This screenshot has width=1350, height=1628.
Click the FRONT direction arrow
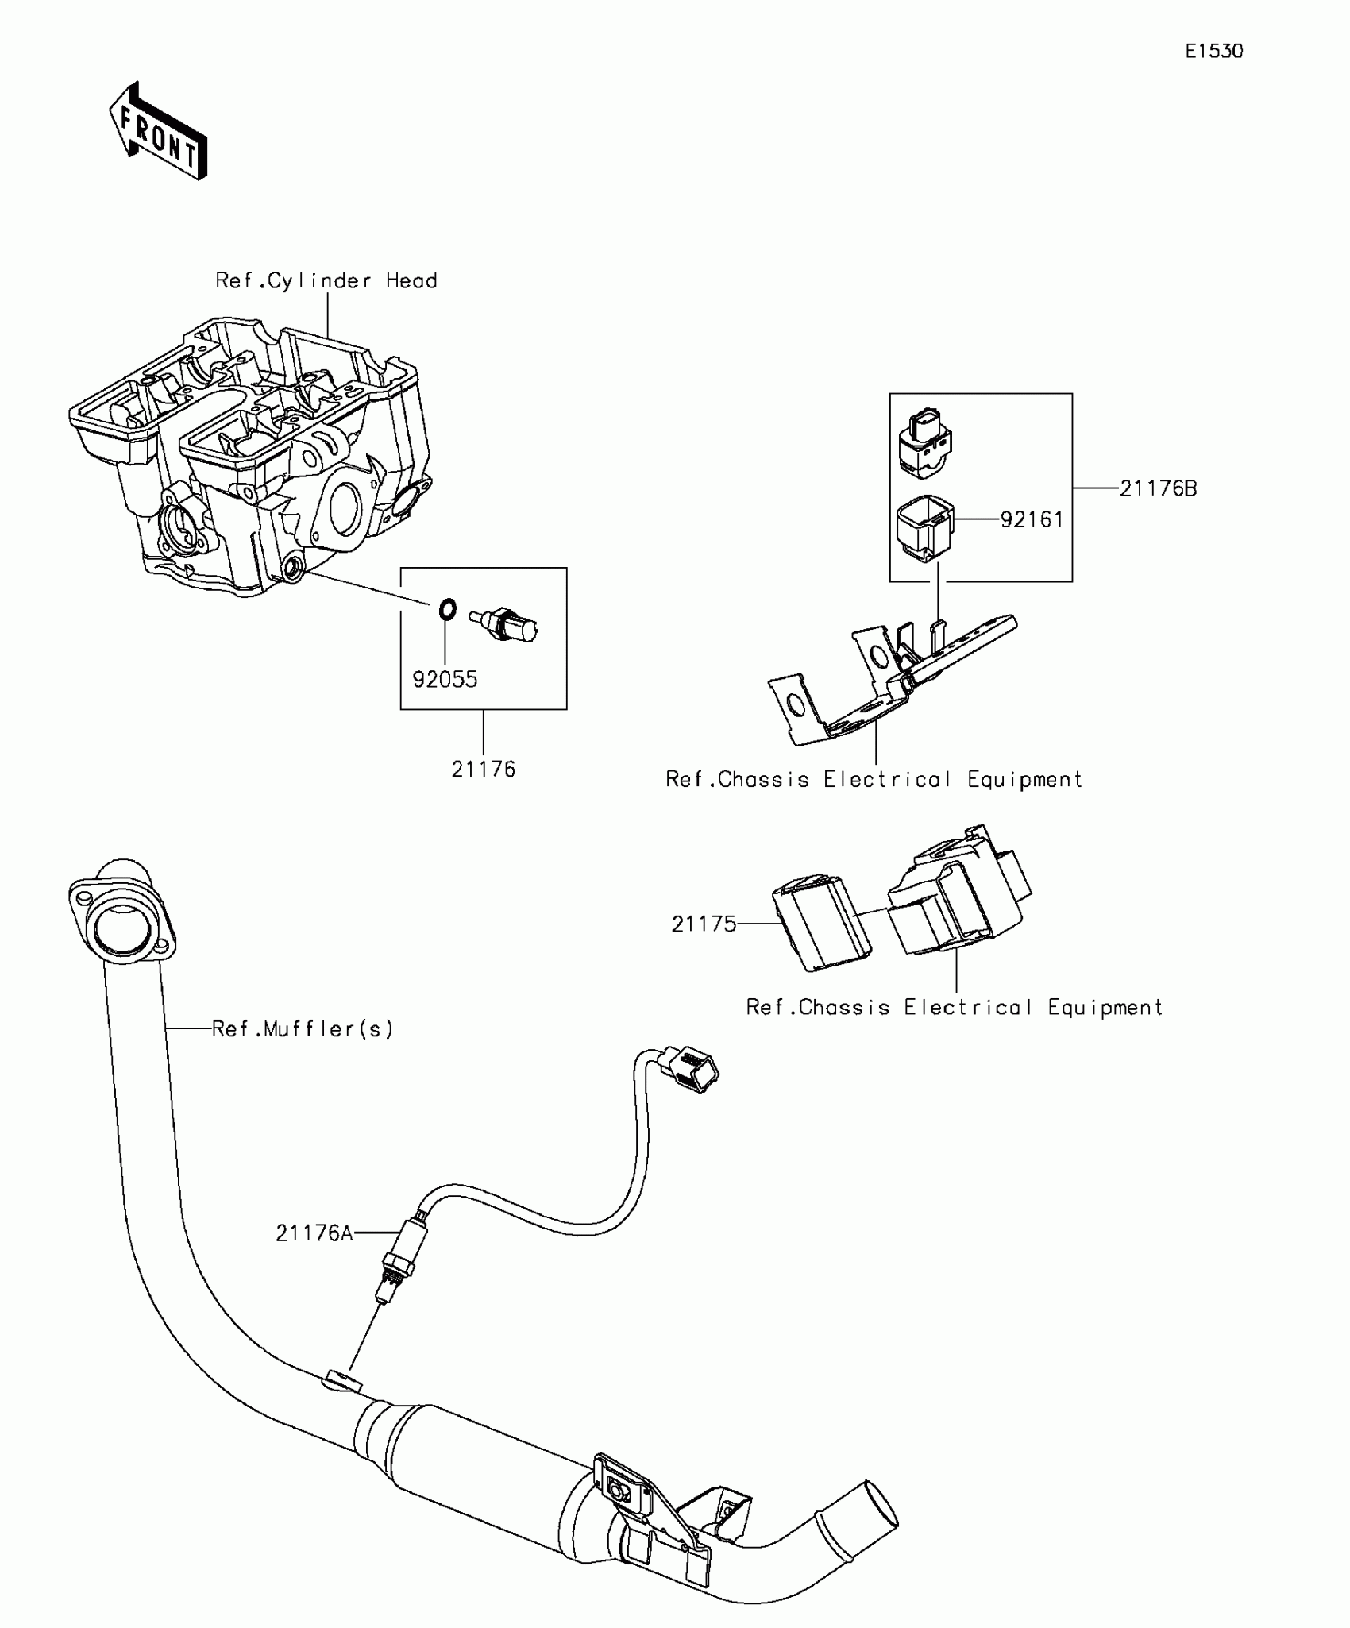click(159, 131)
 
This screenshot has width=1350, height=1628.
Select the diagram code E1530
click(1214, 52)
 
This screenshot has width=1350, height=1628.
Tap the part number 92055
click(445, 680)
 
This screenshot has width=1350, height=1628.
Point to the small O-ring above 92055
click(448, 610)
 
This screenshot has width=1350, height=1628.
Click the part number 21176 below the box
click(484, 770)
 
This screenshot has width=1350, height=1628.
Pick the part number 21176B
click(1158, 489)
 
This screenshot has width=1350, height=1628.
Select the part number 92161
click(1032, 520)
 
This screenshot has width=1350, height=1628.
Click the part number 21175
click(704, 924)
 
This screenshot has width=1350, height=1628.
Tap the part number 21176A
click(314, 1233)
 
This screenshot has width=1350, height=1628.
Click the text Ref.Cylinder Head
click(326, 281)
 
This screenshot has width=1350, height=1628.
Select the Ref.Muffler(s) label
click(303, 1029)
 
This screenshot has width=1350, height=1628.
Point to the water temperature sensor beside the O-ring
click(503, 624)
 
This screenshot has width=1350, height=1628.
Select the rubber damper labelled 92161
click(925, 529)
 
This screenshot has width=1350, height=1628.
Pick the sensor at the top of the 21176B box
click(924, 444)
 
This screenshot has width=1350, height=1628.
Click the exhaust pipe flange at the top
click(122, 913)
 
